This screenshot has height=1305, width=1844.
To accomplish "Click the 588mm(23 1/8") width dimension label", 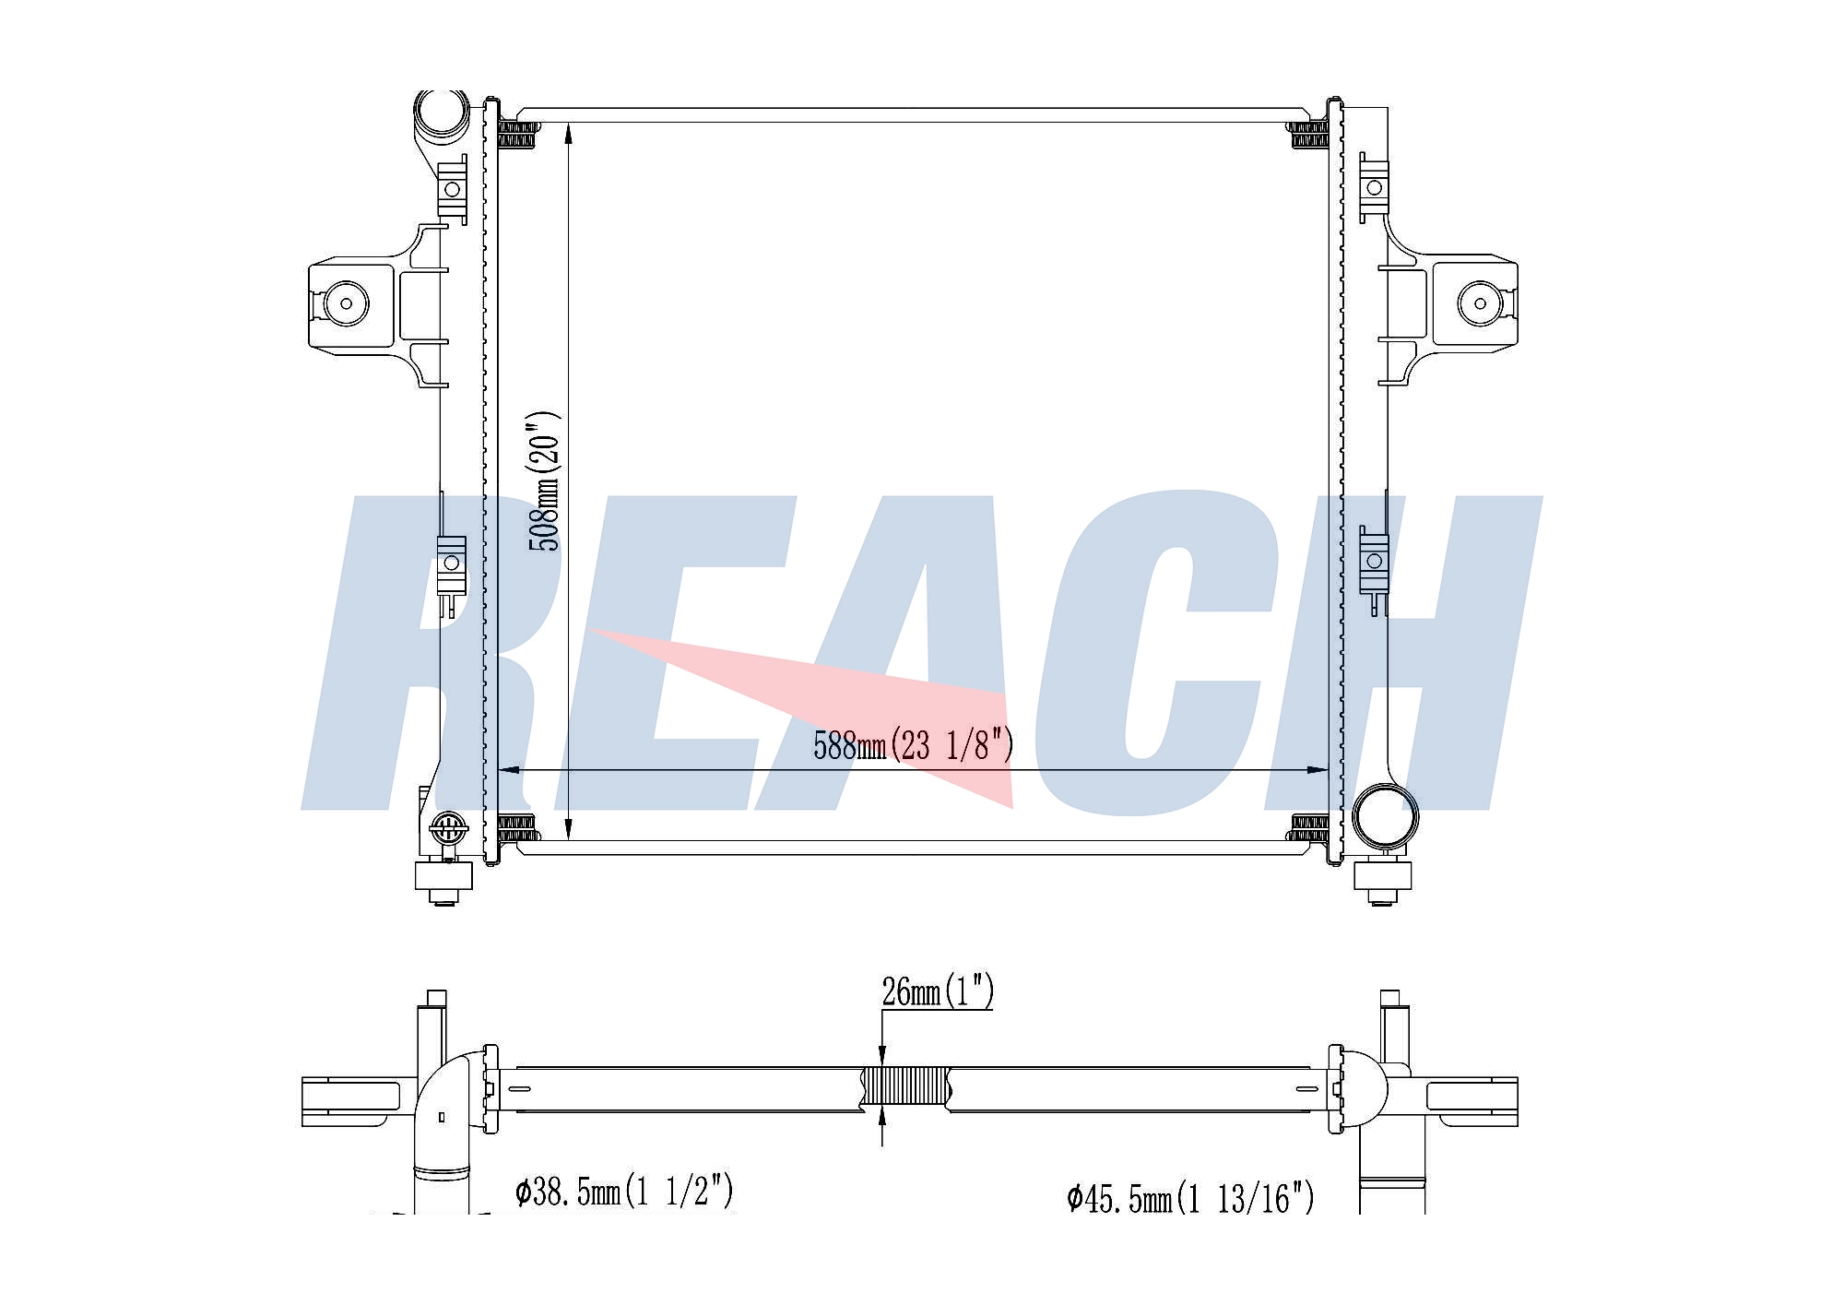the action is click(x=913, y=745).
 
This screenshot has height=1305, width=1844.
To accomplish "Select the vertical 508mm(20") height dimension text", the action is click(x=544, y=480).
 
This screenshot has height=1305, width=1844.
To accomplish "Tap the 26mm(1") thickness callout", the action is click(x=938, y=992).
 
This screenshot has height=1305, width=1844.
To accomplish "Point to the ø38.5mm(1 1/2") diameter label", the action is click(x=624, y=1191).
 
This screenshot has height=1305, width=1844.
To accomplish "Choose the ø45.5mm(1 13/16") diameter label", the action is click(x=1190, y=1198).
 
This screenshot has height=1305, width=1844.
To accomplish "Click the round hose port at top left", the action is click(x=441, y=113).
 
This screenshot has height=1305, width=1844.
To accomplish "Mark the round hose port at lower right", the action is click(x=1384, y=814).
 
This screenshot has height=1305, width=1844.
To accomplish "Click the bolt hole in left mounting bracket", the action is click(x=348, y=303).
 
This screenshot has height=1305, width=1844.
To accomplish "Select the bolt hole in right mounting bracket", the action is click(x=1480, y=303).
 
